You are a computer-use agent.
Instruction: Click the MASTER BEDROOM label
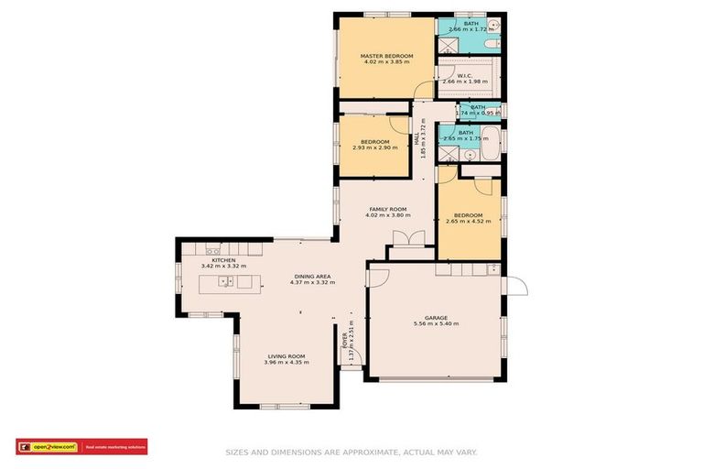[386, 56]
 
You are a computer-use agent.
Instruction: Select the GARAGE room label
[436, 318]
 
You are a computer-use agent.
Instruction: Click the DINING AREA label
[311, 276]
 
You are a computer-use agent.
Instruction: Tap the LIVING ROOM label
[286, 355]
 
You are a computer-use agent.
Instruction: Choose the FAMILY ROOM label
[388, 209]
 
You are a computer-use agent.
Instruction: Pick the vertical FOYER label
[345, 344]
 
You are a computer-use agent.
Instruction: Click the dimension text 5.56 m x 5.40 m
[436, 324]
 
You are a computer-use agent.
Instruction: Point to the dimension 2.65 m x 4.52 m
[469, 222]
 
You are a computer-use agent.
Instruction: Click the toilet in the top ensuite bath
[490, 43]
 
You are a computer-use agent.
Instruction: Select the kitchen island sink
[222, 280]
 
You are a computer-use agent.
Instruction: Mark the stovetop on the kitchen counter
[212, 250]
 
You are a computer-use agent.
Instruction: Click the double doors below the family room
[408, 240]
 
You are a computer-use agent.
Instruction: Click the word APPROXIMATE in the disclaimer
[371, 452]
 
